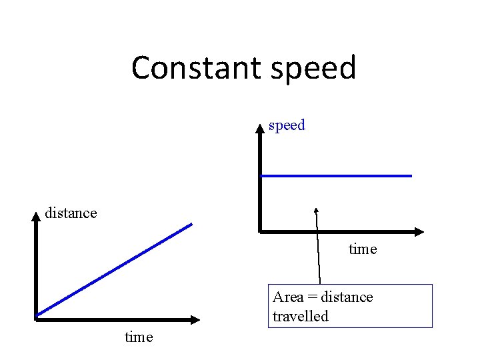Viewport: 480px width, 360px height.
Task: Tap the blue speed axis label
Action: (x=287, y=125)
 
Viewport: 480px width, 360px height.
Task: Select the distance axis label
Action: (x=71, y=213)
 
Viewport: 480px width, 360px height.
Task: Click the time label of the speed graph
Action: (x=363, y=249)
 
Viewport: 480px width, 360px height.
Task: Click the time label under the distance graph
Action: (x=139, y=337)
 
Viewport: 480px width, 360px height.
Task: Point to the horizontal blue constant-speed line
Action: (x=336, y=176)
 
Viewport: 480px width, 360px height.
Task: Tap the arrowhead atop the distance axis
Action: (x=36, y=215)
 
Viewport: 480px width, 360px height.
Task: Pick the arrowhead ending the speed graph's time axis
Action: (x=419, y=232)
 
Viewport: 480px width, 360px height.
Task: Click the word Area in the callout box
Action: (x=288, y=297)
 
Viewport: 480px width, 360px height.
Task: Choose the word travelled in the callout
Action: (x=301, y=316)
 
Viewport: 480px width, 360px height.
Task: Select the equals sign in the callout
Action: (x=313, y=297)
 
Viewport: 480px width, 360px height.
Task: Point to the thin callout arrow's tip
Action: (x=317, y=209)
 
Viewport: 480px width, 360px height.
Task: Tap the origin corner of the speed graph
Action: (x=261, y=232)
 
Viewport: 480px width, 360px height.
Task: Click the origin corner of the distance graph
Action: (x=36, y=318)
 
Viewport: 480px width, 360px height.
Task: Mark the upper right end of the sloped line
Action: (x=191, y=224)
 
